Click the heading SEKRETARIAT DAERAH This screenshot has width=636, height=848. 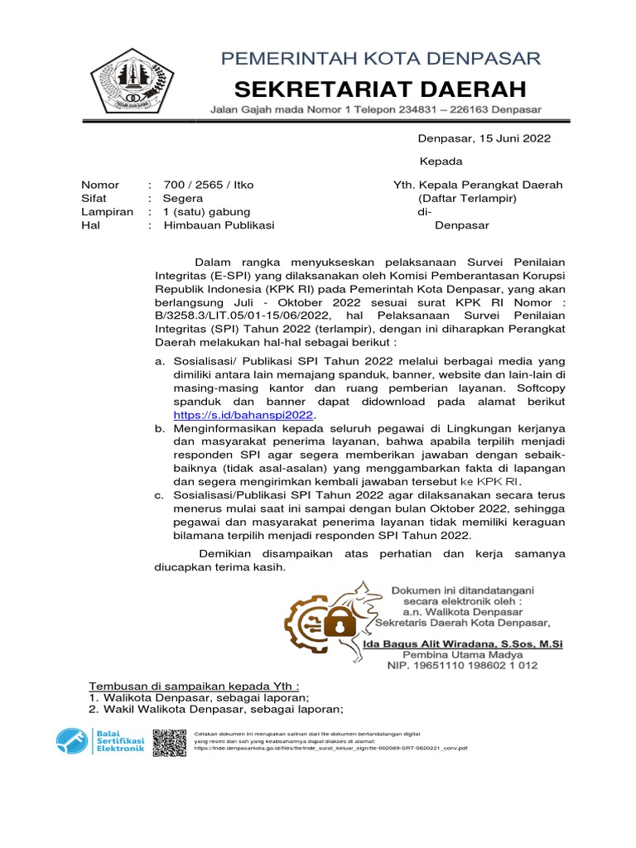[380, 88]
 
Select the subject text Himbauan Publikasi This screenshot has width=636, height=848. [219, 224]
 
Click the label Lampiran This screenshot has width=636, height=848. [105, 211]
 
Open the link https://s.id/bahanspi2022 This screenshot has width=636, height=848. [244, 415]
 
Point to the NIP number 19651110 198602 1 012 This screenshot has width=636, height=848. [463, 665]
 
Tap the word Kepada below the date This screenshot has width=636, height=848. [441, 161]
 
